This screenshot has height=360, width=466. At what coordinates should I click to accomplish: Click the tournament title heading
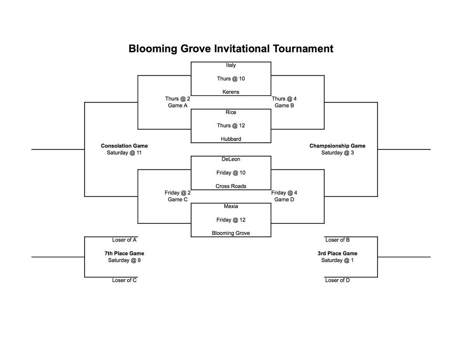231,49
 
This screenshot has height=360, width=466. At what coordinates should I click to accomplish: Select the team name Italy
231,65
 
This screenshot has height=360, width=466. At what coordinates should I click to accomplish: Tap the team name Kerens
231,92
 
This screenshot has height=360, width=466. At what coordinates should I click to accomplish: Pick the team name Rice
231,112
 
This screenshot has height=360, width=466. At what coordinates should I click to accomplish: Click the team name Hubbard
231,139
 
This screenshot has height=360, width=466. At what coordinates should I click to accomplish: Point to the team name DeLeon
231,159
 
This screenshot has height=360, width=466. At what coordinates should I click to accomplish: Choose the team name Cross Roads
231,186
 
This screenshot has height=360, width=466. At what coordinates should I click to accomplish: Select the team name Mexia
231,206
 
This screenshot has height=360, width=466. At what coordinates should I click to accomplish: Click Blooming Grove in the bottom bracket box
231,233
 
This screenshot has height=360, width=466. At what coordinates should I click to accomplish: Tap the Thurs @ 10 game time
231,79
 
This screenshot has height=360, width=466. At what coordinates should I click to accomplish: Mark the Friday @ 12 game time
231,220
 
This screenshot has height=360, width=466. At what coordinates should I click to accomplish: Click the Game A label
177,105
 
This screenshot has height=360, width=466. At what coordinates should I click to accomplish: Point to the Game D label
284,199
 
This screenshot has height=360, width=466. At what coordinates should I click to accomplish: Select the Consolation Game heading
124,146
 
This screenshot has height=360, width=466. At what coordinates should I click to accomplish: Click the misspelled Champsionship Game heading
337,146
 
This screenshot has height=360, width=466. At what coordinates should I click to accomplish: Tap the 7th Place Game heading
124,253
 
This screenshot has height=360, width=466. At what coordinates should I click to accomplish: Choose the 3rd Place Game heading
337,253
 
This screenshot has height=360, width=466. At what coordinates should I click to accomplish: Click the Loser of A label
124,240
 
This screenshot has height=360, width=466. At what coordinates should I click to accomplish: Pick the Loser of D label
337,280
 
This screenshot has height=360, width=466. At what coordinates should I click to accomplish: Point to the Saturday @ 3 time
337,153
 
